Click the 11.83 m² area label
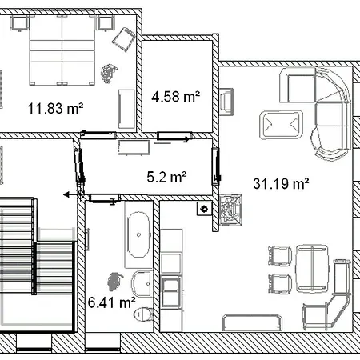(x=55, y=109)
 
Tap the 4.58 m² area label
(x=176, y=97)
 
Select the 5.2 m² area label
(x=166, y=177)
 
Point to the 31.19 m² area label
(x=281, y=183)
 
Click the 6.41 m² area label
(x=112, y=302)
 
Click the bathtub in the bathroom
(x=138, y=234)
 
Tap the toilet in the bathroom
(x=144, y=314)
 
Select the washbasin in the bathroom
(x=142, y=284)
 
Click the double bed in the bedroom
(x=62, y=50)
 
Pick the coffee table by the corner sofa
(x=281, y=125)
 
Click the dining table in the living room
(x=312, y=268)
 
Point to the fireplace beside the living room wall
(x=230, y=210)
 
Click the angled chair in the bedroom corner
(x=123, y=39)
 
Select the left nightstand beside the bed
(x=19, y=23)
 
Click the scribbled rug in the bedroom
(x=109, y=73)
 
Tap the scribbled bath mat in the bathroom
(x=115, y=281)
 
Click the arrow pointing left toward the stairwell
(x=72, y=195)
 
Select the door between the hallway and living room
(x=216, y=166)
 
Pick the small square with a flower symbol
(x=205, y=209)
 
